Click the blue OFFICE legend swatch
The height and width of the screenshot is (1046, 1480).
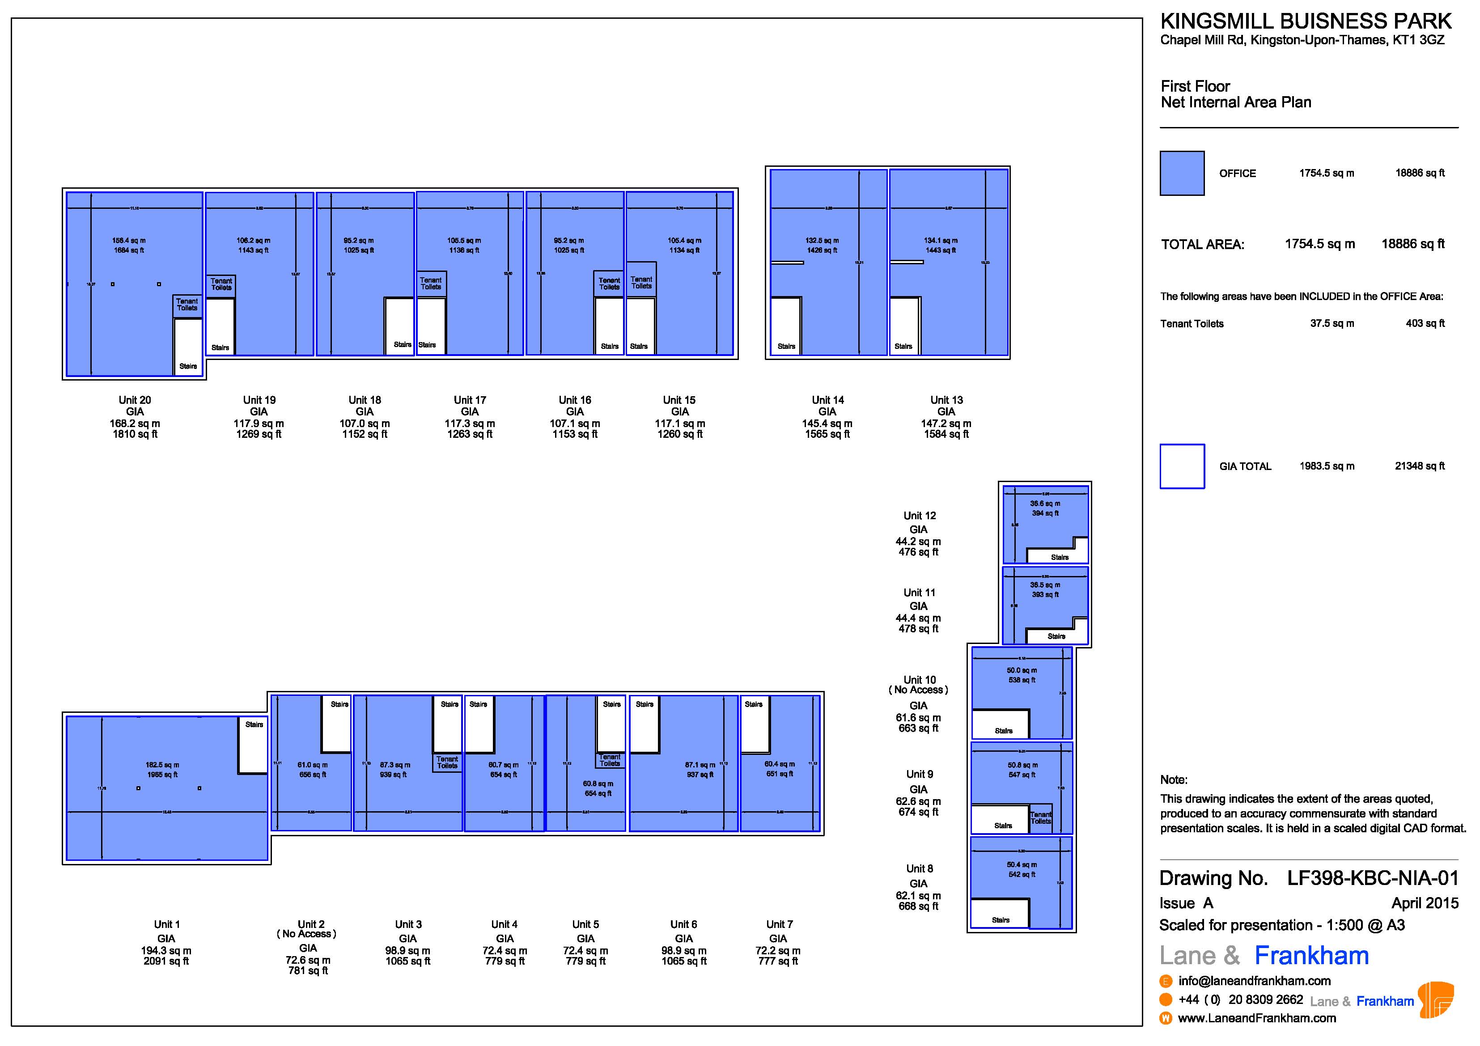click(1182, 174)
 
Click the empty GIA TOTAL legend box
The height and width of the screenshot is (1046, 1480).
click(1182, 466)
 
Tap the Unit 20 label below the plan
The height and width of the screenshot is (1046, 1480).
click(135, 400)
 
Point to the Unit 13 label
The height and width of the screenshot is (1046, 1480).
click(946, 400)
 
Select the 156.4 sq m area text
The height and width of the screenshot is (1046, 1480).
click(129, 241)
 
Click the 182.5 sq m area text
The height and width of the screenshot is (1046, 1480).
click(162, 765)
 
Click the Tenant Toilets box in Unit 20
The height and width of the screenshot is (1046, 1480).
click(187, 305)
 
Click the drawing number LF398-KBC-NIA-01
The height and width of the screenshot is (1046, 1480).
click(1372, 878)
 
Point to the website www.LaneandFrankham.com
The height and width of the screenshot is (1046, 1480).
click(1256, 1018)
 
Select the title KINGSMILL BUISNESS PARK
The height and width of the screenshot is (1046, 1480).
click(1305, 21)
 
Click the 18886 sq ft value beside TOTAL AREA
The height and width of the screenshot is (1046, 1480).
click(1412, 244)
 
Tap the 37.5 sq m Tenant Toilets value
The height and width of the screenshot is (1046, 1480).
click(1332, 323)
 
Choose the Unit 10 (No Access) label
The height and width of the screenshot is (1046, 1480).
click(919, 685)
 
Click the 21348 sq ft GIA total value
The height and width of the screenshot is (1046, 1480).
click(1420, 466)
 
